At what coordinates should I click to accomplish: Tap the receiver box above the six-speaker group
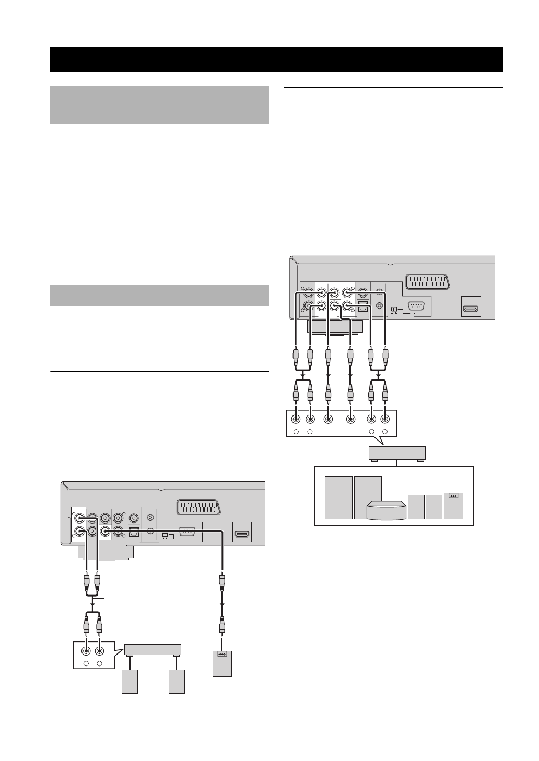pyautogui.click(x=397, y=453)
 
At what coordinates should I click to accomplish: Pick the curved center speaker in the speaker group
pyautogui.click(x=386, y=510)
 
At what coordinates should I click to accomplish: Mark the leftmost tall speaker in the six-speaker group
pyautogui.click(x=338, y=497)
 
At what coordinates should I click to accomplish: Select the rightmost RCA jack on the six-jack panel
pyautogui.click(x=385, y=418)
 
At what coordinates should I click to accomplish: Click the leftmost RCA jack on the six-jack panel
pyautogui.click(x=296, y=418)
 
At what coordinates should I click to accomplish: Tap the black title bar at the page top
pyautogui.click(x=277, y=59)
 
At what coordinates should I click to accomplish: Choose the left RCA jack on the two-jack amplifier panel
pyautogui.click(x=86, y=651)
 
